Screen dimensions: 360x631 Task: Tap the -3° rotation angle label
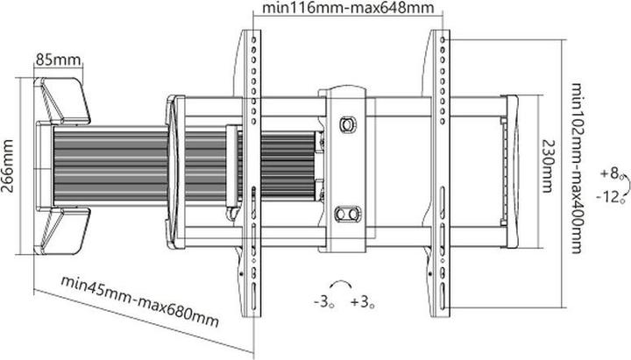point(322,303)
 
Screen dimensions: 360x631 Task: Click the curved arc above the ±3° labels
point(341,285)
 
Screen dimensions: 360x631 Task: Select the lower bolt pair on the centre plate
point(348,213)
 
